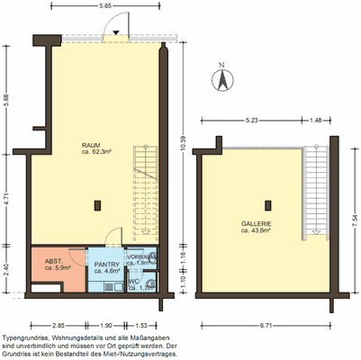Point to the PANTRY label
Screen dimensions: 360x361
click(x=107, y=265)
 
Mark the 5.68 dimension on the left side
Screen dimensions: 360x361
click(x=7, y=103)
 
